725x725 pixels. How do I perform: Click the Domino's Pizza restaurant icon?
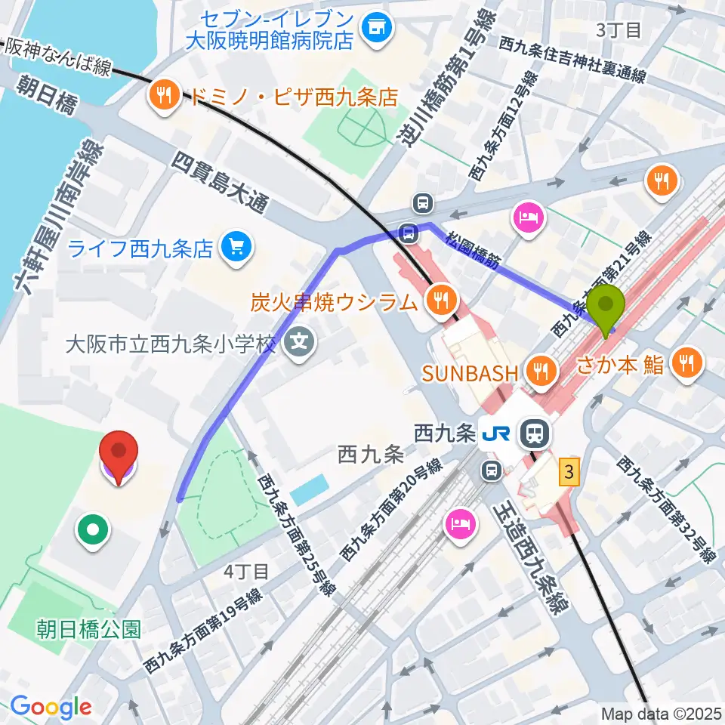point(163,96)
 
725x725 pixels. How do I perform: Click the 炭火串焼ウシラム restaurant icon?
point(438,303)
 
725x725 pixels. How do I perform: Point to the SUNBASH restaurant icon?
point(540,371)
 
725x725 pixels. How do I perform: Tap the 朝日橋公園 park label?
point(88,628)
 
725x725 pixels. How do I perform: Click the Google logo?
point(51,707)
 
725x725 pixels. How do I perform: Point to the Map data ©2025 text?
point(661,713)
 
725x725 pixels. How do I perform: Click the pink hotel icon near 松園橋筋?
point(526,217)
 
